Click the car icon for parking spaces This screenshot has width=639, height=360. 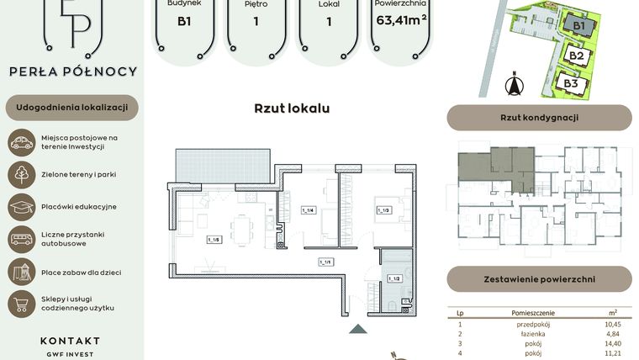tap(21, 142)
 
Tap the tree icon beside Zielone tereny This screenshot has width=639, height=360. tap(21, 175)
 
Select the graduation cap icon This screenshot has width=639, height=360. tap(21, 207)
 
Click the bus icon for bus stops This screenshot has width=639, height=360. tap(21, 239)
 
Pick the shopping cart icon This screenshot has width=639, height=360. tap(21, 304)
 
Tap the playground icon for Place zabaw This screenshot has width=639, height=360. tap(21, 271)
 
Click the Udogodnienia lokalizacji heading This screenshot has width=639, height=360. tap(71, 108)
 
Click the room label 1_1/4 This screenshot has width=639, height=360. tap(308, 210)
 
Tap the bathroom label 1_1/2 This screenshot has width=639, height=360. tap(393, 278)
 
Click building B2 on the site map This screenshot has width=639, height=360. tap(576, 56)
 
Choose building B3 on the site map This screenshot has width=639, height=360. tap(571, 83)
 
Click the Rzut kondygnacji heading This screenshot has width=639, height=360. tap(539, 118)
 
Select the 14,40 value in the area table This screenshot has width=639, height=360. tap(611, 343)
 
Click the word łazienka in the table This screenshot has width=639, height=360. tap(531, 334)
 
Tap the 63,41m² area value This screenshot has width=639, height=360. tap(403, 21)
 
